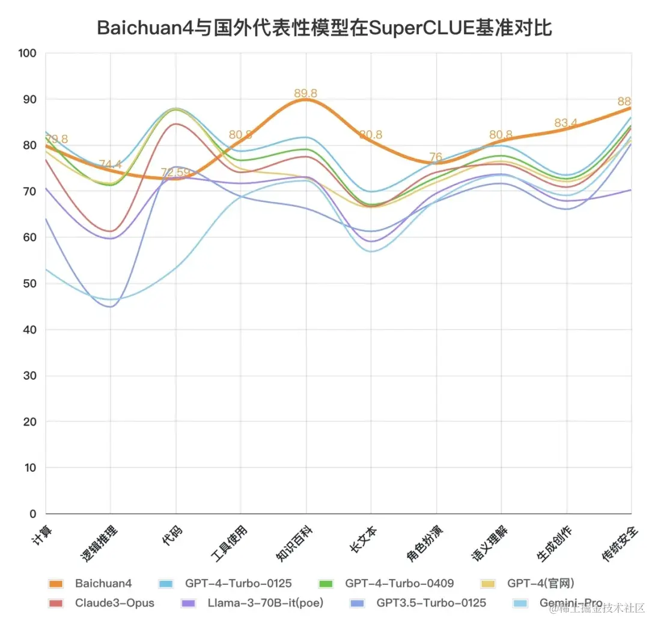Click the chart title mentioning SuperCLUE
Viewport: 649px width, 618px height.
tap(324, 27)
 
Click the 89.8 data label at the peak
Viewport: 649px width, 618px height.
tap(305, 93)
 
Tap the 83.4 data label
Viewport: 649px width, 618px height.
tap(565, 123)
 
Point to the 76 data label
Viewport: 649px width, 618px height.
tap(436, 158)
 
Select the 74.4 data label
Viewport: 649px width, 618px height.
tap(111, 164)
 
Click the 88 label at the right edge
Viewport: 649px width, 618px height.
tap(624, 102)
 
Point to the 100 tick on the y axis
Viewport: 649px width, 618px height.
tap(28, 54)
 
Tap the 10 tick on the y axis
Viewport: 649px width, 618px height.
tap(31, 468)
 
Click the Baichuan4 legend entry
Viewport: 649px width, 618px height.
tap(103, 583)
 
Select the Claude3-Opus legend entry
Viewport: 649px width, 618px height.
tap(114, 602)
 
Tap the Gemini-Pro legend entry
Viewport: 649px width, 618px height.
tap(570, 602)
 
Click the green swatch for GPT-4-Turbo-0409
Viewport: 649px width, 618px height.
tap(326, 584)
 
